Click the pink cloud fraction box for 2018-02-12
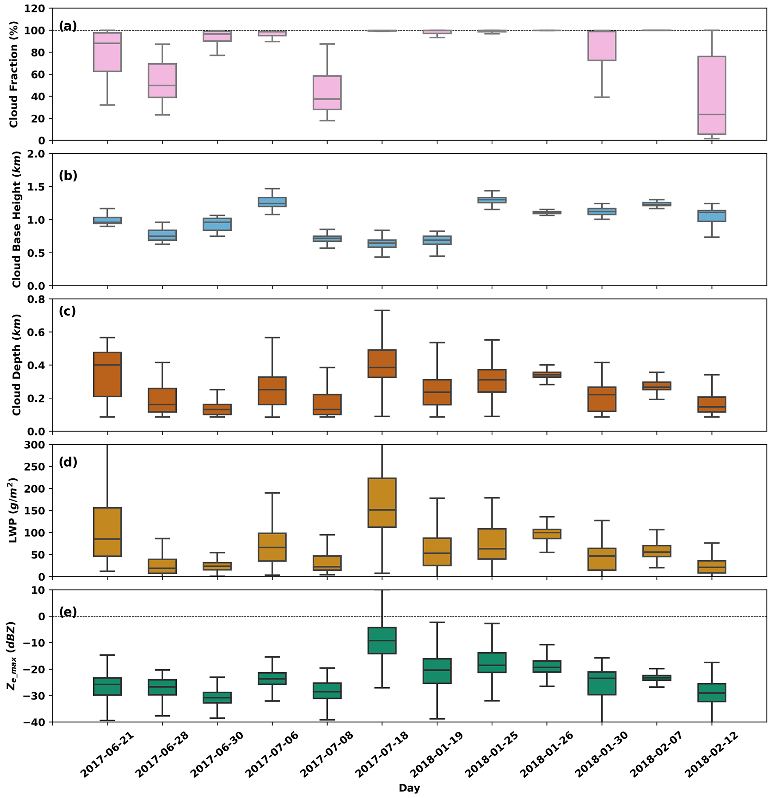(711, 95)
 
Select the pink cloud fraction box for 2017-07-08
(327, 92)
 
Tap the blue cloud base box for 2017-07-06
(272, 202)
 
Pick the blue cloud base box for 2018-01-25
(492, 200)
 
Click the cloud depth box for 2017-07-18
(382, 364)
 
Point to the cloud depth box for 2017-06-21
(107, 374)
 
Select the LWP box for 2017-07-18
(382, 502)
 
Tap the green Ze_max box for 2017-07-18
(382, 640)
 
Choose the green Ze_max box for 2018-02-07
(657, 678)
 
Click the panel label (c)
(67, 312)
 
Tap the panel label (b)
(68, 176)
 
